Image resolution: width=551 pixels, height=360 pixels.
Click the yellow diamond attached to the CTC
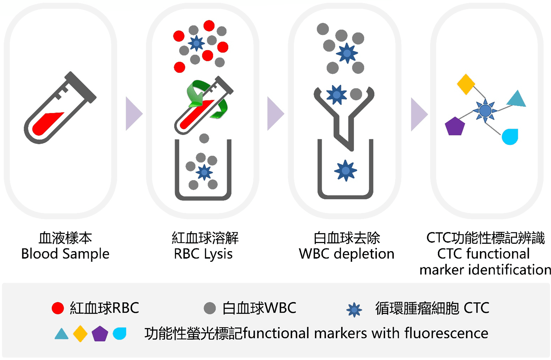point(466,84)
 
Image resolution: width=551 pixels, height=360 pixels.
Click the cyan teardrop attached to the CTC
point(510,137)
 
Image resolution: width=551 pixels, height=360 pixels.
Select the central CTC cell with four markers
point(485,111)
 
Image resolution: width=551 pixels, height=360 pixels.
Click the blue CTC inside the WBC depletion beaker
point(345,171)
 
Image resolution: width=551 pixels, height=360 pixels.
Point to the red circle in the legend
point(58,308)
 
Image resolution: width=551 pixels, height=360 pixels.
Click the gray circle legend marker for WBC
point(210,308)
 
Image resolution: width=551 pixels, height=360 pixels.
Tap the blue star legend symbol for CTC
point(354,310)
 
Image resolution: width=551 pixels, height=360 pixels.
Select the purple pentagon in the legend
point(100,334)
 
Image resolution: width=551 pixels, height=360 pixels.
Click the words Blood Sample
point(65,254)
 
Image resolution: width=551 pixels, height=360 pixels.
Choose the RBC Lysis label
point(203,254)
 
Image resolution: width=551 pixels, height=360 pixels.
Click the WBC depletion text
point(346,254)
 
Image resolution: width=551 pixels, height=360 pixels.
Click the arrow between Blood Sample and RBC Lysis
point(134,114)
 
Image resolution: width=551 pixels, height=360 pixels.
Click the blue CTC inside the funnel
point(336,95)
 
